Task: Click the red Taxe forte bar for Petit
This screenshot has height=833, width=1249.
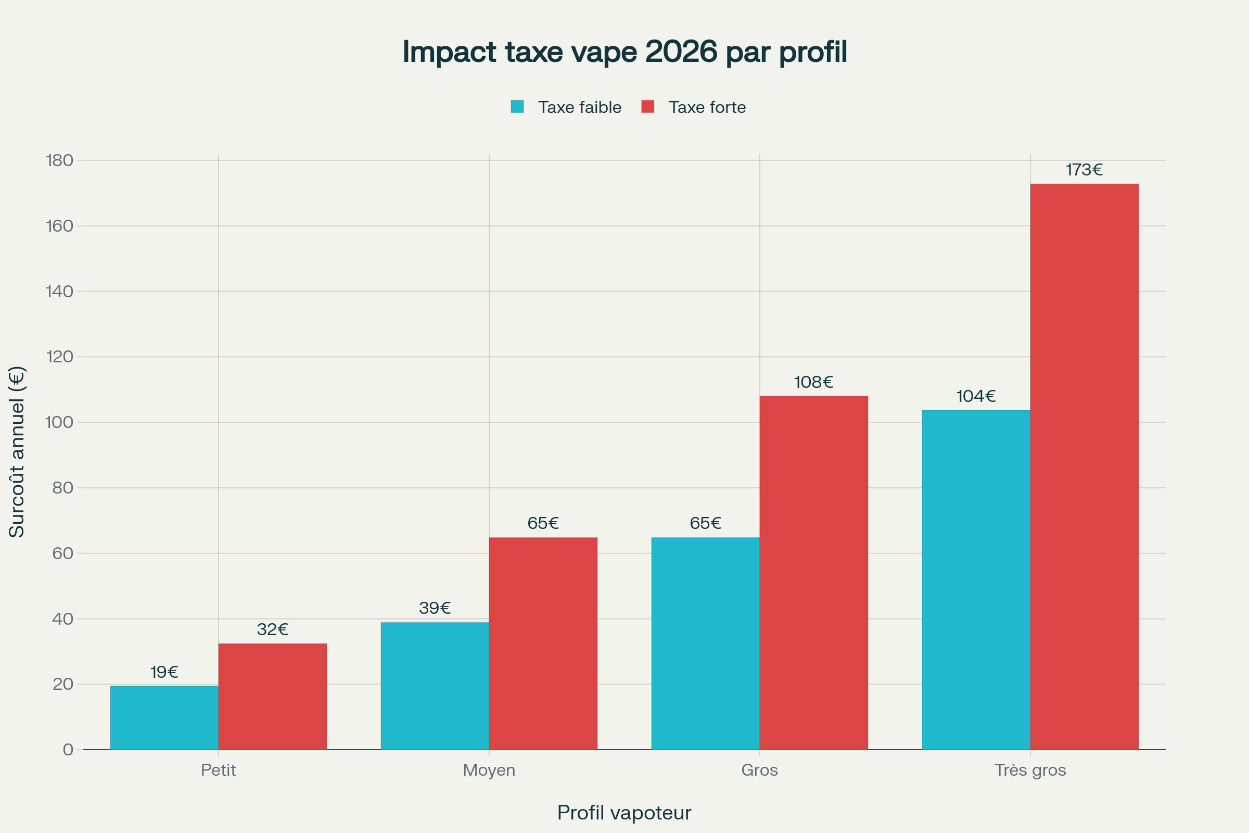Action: coord(272,697)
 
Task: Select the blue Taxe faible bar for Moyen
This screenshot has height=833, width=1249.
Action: coord(435,686)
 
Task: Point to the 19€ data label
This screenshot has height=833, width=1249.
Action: coord(164,673)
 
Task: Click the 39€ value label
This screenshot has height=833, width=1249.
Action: coord(435,608)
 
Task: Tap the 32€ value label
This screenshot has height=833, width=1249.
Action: coord(272,629)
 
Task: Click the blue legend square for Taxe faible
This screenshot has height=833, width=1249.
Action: coord(517,107)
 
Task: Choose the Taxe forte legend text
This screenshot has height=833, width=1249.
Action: coord(707,107)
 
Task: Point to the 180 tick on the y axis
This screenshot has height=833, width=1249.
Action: coord(59,160)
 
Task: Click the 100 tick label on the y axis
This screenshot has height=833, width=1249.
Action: coord(59,422)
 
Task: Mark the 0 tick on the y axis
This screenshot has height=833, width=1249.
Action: coord(68,750)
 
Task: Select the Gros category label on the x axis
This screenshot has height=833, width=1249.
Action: coord(759,770)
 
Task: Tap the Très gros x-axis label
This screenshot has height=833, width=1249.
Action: coord(1030,770)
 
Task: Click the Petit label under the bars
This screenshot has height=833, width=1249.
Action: coord(218,770)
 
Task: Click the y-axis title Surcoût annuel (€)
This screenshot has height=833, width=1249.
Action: coord(17,452)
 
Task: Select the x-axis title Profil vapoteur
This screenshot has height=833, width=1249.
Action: coord(624,813)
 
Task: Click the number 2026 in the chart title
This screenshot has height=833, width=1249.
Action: coord(681,52)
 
